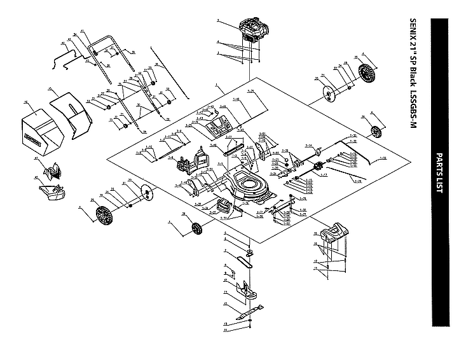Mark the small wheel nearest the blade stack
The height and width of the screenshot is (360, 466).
pyautogui.click(x=196, y=227)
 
